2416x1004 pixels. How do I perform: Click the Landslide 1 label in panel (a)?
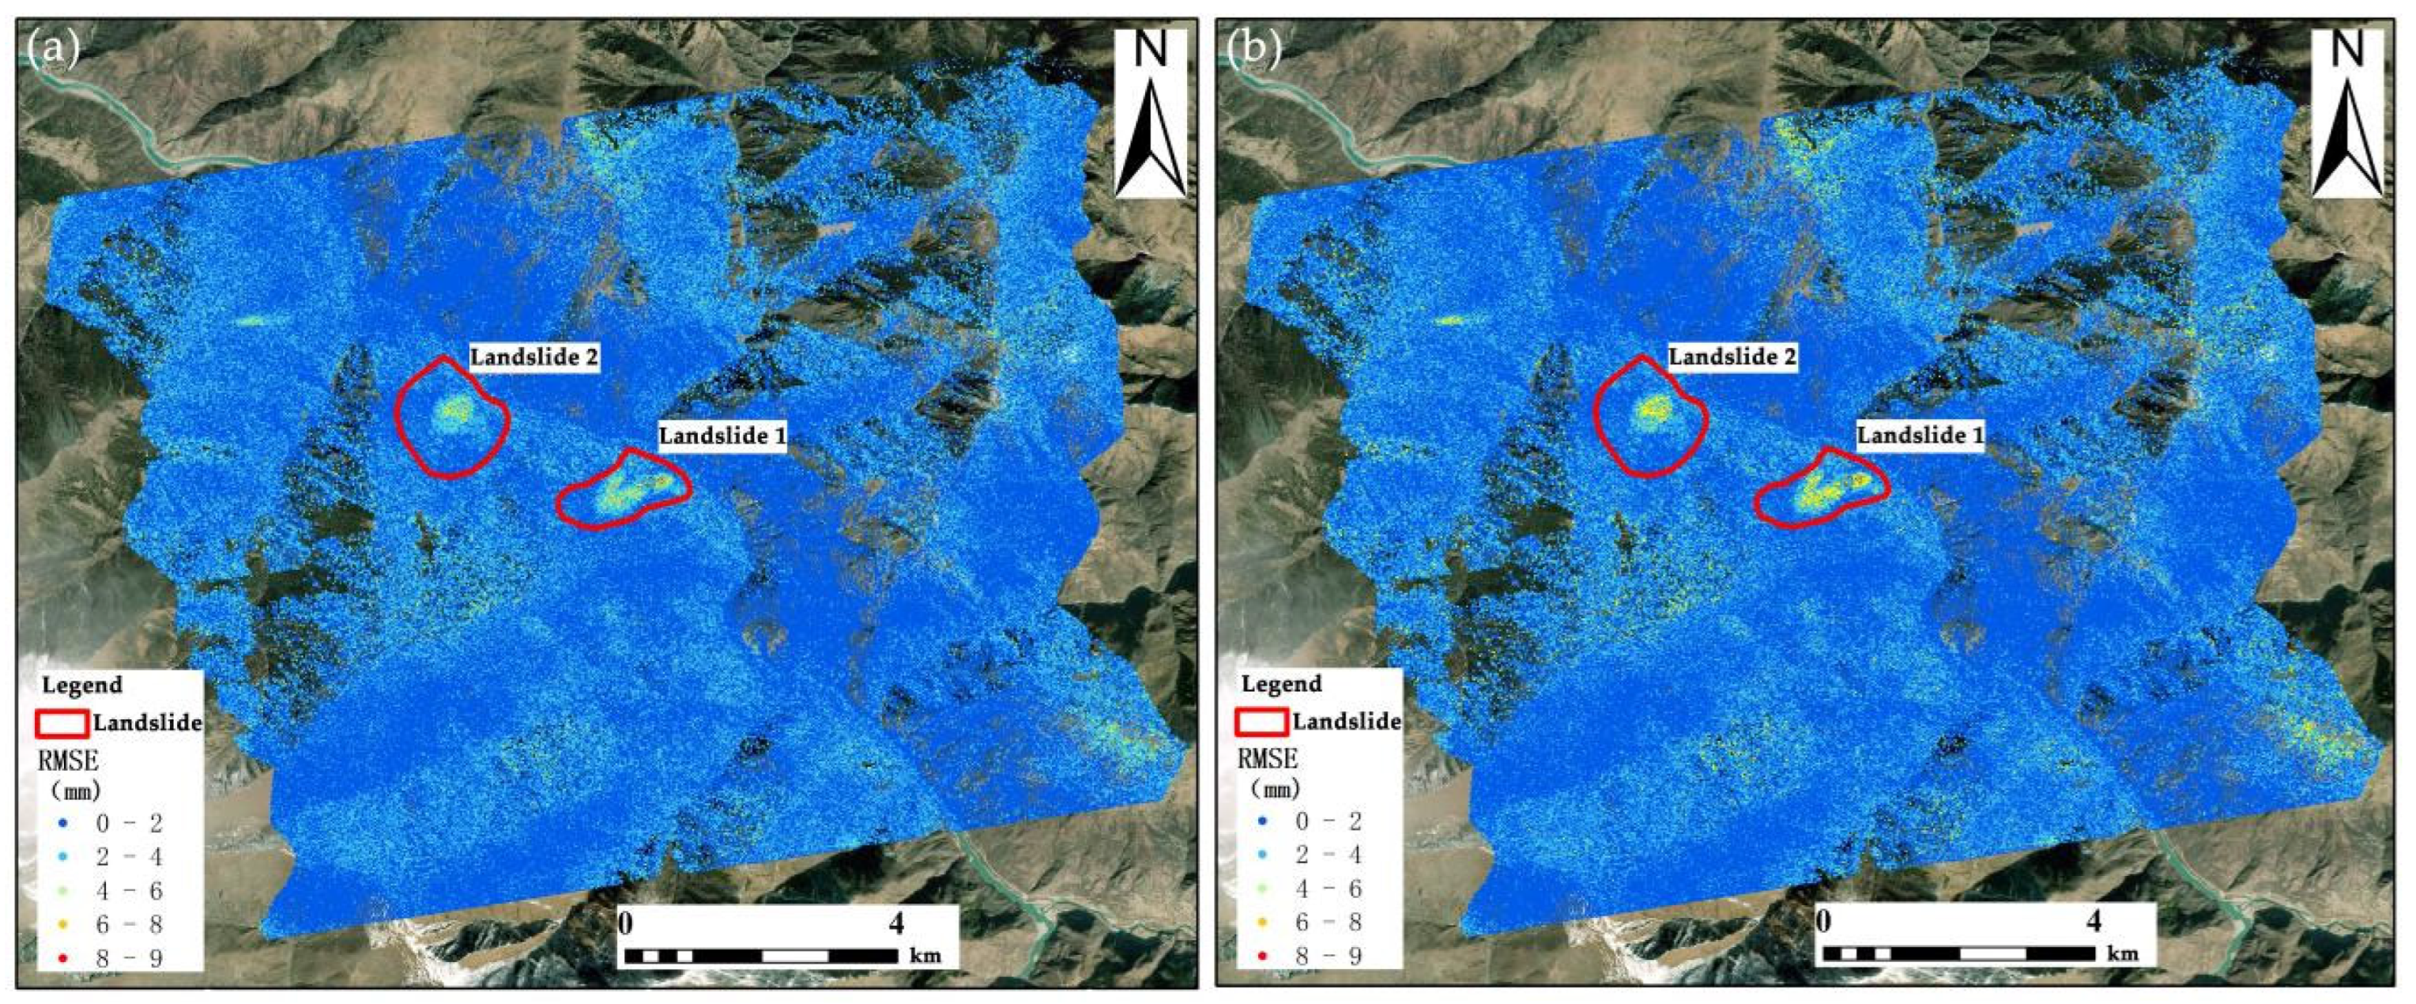click(x=722, y=436)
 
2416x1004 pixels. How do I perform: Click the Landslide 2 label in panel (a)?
click(x=533, y=357)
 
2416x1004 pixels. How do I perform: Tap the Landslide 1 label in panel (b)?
click(x=1920, y=436)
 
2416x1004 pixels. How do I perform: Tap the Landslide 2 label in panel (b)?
click(x=1732, y=357)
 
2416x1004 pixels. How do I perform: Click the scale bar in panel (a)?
click(x=760, y=956)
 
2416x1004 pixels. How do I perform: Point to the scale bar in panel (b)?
click(x=1958, y=953)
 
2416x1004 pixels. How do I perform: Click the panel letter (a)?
click(x=54, y=49)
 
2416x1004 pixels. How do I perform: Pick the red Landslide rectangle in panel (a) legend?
click(x=63, y=723)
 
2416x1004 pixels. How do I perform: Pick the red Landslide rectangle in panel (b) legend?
click(x=1261, y=721)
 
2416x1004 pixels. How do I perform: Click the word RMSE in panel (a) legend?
click(x=67, y=760)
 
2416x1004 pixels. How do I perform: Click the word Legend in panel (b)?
click(x=1281, y=683)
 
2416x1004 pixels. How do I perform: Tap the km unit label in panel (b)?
click(x=2123, y=953)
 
